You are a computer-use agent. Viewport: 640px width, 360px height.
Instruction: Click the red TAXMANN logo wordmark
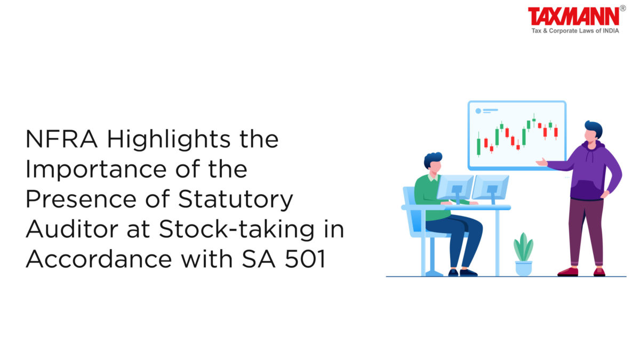coord(574,17)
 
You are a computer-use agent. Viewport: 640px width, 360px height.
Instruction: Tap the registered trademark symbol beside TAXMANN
coord(623,9)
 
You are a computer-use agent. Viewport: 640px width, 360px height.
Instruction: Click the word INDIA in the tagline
coord(611,31)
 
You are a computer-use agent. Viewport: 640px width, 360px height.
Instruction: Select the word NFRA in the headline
coord(61,139)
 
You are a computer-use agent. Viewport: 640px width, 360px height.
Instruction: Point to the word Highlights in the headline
coord(169,140)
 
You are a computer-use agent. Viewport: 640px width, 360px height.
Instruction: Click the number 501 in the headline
coord(306,259)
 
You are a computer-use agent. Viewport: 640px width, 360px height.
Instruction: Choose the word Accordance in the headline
coord(99,259)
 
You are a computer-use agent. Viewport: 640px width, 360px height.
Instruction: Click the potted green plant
coord(523,254)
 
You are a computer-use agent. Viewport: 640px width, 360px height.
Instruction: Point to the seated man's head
coord(434,163)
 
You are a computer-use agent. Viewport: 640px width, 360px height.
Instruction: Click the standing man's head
coord(593,132)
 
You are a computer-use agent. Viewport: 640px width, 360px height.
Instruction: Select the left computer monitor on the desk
coord(455,188)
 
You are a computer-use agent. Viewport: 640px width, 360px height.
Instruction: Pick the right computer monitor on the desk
coord(490,188)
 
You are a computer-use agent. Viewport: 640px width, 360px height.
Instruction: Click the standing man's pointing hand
coord(541,162)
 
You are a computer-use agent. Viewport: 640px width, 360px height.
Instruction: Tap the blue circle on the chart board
coord(478,111)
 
